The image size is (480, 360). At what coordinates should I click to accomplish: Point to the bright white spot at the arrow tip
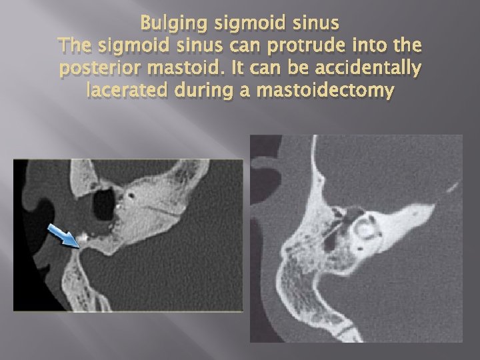click(x=83, y=237)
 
